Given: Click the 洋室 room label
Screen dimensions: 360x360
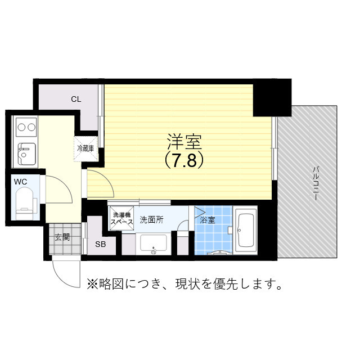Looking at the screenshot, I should pyautogui.click(x=183, y=141).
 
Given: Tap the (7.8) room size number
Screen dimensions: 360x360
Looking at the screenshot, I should pyautogui.click(x=183, y=160).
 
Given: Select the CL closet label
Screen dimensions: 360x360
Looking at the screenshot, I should pyautogui.click(x=76, y=99).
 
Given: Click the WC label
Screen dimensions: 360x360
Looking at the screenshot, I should pyautogui.click(x=20, y=182).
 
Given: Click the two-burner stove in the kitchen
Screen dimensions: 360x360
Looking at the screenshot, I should pyautogui.click(x=25, y=127).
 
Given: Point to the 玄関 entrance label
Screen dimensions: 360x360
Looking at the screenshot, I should pyautogui.click(x=62, y=237).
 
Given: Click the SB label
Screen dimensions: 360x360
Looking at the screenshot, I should pyautogui.click(x=100, y=244).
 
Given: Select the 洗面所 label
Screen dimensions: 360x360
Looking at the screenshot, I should pyautogui.click(x=151, y=219).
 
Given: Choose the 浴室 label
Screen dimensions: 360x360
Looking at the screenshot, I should pyautogui.click(x=208, y=220).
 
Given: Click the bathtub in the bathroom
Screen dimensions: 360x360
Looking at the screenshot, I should pyautogui.click(x=246, y=231).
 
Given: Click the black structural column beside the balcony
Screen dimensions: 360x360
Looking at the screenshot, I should pyautogui.click(x=271, y=97).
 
